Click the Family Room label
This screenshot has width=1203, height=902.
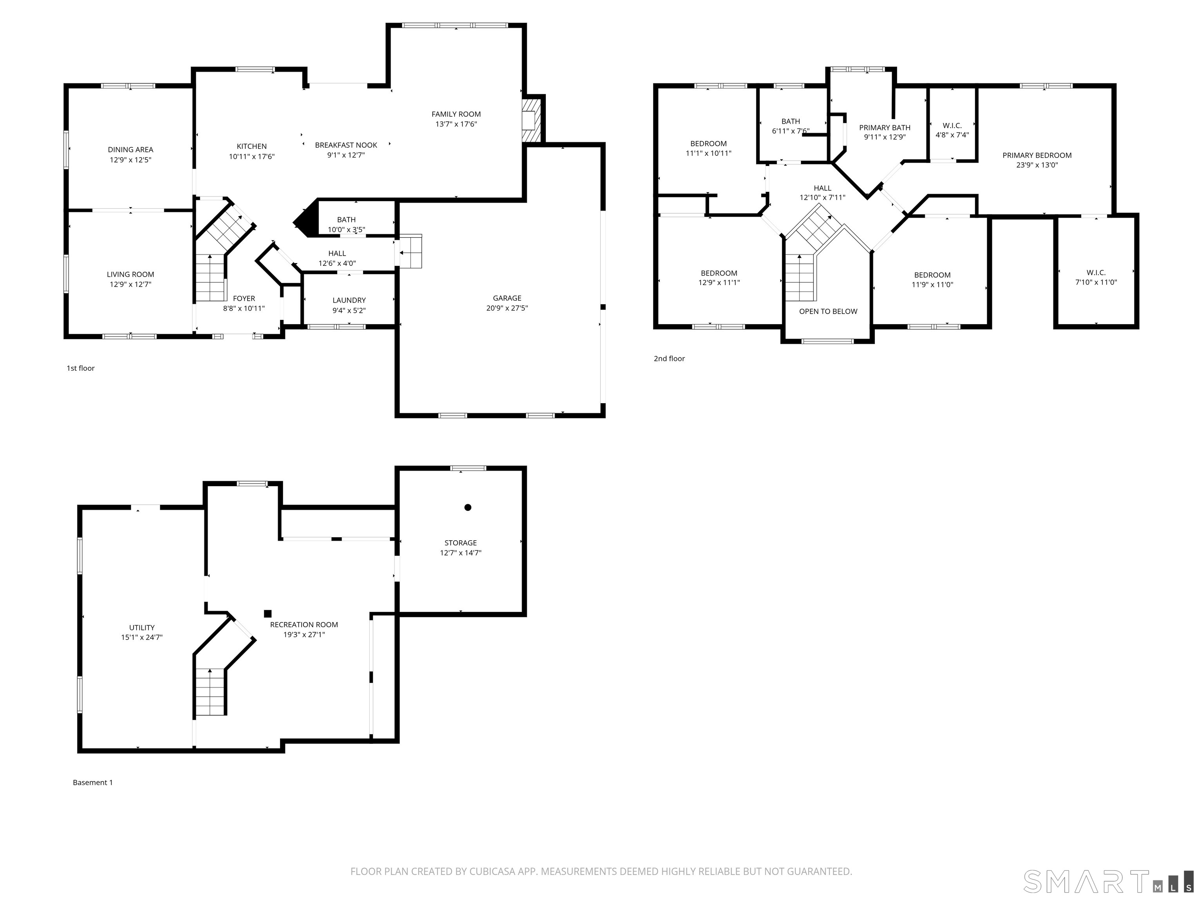456,114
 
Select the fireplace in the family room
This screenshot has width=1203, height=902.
531,120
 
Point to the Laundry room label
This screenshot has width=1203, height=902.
349,300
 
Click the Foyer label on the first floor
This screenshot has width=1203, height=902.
244,298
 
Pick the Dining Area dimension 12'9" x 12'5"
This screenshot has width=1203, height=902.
130,160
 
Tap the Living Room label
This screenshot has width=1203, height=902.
130,274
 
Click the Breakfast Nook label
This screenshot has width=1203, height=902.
346,145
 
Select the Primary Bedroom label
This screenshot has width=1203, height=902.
1037,155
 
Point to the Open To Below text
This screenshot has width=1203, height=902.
828,312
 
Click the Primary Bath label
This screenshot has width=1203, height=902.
885,128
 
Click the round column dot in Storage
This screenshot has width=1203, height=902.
468,507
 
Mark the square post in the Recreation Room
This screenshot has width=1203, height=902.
267,613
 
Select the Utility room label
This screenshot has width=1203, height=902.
142,628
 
